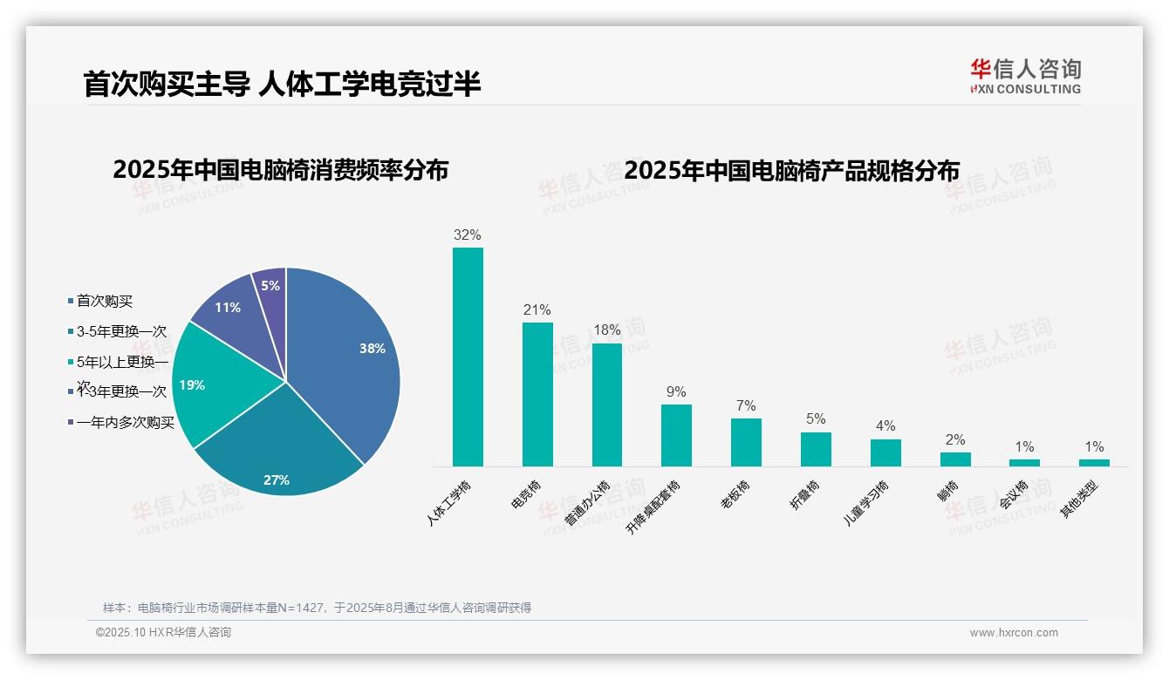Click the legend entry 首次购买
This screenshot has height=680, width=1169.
104,302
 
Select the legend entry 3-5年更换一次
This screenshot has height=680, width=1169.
120,332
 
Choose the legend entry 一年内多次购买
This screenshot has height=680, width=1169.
125,423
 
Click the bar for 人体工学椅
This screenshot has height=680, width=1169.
468,357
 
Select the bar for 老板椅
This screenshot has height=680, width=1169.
746,443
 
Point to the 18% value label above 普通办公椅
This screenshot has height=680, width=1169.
607,330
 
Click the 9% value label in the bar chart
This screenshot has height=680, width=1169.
676,392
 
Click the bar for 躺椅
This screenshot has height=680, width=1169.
955,459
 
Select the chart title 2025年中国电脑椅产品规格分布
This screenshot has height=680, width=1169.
792,171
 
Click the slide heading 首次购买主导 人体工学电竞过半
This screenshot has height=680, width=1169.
282,85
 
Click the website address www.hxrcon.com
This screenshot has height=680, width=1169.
1014,633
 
